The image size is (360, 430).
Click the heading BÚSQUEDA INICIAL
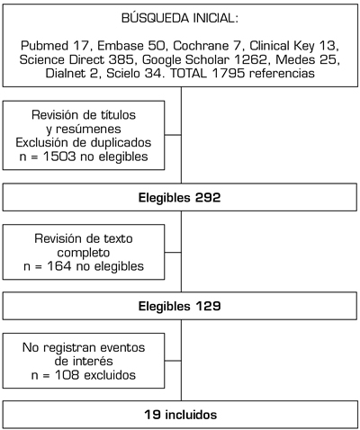(x=180, y=18)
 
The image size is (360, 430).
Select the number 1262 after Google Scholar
(x=250, y=59)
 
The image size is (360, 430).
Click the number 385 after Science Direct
(x=121, y=59)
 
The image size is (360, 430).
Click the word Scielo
(x=123, y=73)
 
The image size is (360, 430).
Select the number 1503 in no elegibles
(x=59, y=157)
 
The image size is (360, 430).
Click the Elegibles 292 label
(x=179, y=198)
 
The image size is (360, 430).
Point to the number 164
(x=59, y=266)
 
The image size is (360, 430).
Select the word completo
(x=84, y=253)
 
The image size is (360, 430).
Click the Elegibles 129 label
(x=179, y=306)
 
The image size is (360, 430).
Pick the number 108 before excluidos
(x=67, y=375)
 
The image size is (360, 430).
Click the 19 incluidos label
(x=180, y=415)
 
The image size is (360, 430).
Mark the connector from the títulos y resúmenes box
(x=173, y=135)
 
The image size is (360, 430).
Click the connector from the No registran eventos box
(x=173, y=361)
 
